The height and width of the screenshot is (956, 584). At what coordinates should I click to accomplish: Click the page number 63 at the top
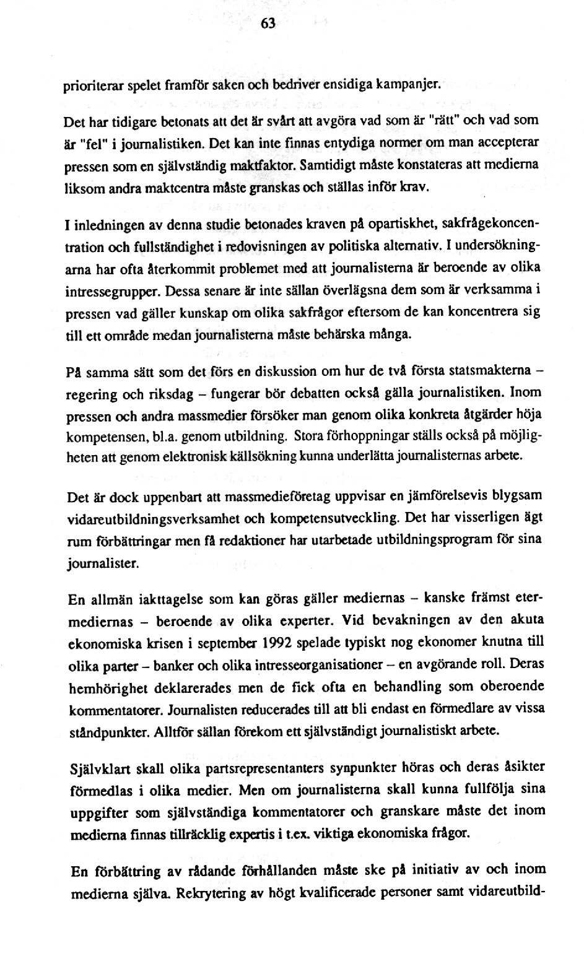(268, 24)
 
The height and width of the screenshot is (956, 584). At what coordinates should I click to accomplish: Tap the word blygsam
(517, 495)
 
